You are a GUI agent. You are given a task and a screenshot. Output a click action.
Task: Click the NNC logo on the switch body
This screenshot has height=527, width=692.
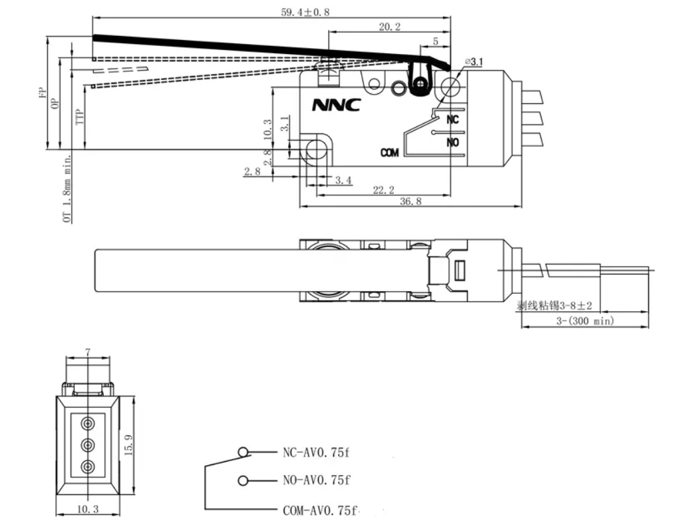pyautogui.click(x=336, y=105)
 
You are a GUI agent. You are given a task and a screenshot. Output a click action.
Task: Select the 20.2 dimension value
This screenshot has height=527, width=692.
pyautogui.click(x=389, y=27)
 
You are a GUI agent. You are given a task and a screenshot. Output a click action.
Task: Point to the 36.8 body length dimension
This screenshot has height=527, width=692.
pyautogui.click(x=409, y=201)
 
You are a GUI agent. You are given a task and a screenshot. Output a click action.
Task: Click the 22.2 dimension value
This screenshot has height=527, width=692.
pyautogui.click(x=383, y=191)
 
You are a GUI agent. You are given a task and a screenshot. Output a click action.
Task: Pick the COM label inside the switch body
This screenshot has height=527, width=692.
pyautogui.click(x=389, y=153)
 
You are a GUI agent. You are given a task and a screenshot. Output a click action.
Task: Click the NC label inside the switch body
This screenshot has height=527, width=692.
pyautogui.click(x=452, y=120)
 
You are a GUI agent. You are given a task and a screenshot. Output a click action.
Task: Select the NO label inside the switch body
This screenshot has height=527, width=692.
pyautogui.click(x=453, y=142)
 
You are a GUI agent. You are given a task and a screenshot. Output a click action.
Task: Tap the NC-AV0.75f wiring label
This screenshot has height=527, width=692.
pyautogui.click(x=315, y=452)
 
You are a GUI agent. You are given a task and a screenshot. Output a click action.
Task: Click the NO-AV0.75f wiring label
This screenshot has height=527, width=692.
pyautogui.click(x=316, y=480)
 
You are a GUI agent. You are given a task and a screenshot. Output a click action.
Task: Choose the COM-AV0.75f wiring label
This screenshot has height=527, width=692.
pyautogui.click(x=319, y=511)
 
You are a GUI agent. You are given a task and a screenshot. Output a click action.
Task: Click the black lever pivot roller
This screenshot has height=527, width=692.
pyautogui.click(x=420, y=83)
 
